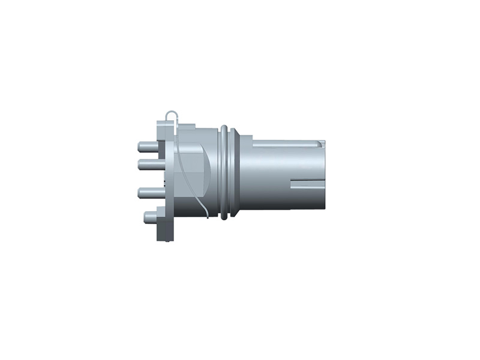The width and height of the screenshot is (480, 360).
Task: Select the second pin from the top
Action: tap(148, 163)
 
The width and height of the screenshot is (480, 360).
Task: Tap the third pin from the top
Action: tap(148, 193)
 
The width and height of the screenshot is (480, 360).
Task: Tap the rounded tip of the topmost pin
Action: tap(140, 146)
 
